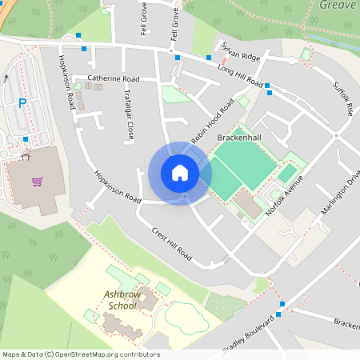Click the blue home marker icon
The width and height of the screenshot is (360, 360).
tap(180, 173)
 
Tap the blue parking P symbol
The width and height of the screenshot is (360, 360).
tap(22, 102)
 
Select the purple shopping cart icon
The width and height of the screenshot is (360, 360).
tap(37, 182)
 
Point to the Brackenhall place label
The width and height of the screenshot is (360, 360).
tap(240, 138)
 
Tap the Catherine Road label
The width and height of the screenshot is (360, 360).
tap(113, 79)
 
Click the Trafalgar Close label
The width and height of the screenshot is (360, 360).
tap(128, 114)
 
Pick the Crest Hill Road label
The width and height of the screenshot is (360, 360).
tap(171, 243)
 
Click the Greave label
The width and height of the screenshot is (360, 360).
tap(337, 5)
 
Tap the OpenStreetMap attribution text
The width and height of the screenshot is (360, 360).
tap(81, 354)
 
